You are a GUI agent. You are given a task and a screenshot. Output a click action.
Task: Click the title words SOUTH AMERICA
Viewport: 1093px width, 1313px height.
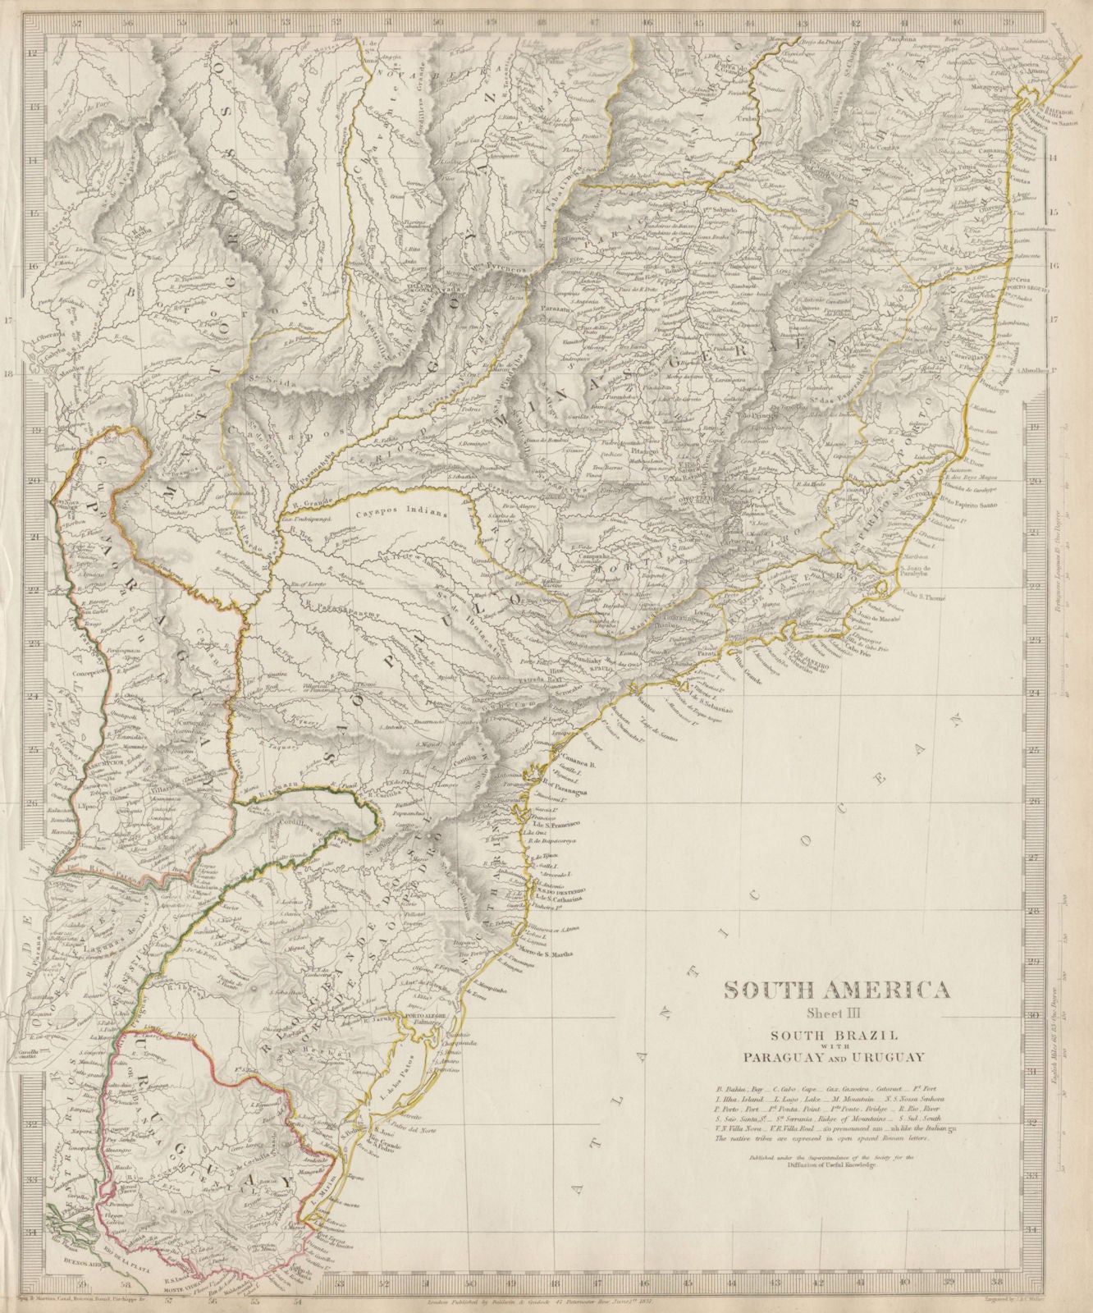[x=837, y=990]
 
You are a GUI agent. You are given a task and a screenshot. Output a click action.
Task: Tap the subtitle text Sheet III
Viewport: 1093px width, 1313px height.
[x=837, y=1012]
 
